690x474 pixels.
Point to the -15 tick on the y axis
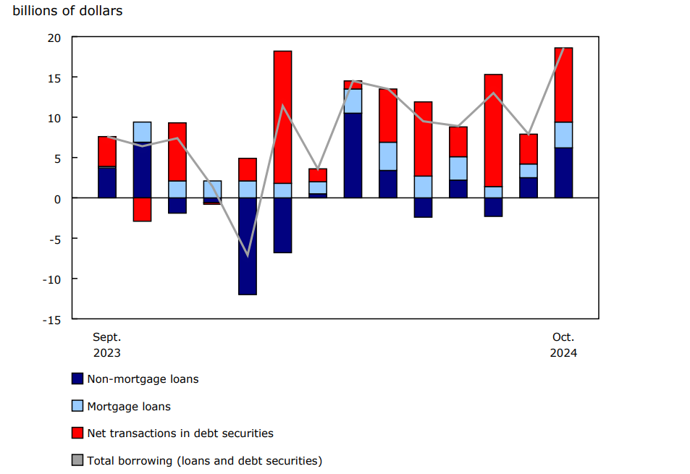54,319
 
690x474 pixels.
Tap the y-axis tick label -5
56,239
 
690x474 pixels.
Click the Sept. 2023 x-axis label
107,345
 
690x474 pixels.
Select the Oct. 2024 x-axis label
563,345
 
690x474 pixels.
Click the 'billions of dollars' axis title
67,11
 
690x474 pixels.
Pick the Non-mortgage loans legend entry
143,378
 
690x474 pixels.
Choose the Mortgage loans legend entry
129,406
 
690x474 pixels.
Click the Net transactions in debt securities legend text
180,433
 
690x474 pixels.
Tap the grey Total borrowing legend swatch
77,460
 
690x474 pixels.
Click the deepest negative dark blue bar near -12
248,246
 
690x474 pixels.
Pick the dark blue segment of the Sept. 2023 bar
107,183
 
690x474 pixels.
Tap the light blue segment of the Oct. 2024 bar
563,135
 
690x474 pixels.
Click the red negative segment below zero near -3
142,209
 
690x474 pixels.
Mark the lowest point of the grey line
248,255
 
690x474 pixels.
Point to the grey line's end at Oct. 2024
563,48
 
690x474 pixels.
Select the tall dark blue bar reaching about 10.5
353,156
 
